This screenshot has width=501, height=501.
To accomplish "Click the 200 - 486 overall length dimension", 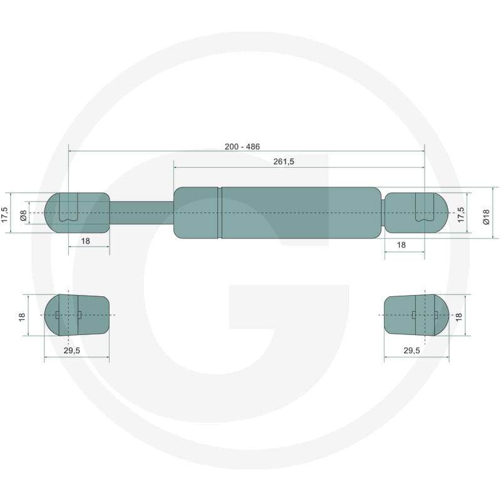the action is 242,147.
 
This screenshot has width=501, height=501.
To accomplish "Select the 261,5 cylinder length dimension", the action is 284,162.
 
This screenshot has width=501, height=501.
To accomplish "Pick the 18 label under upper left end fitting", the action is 85,241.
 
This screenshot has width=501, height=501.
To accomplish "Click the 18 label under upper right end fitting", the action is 401,245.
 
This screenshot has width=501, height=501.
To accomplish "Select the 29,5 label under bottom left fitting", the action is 72,351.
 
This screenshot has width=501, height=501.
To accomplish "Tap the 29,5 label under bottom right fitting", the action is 412,351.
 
